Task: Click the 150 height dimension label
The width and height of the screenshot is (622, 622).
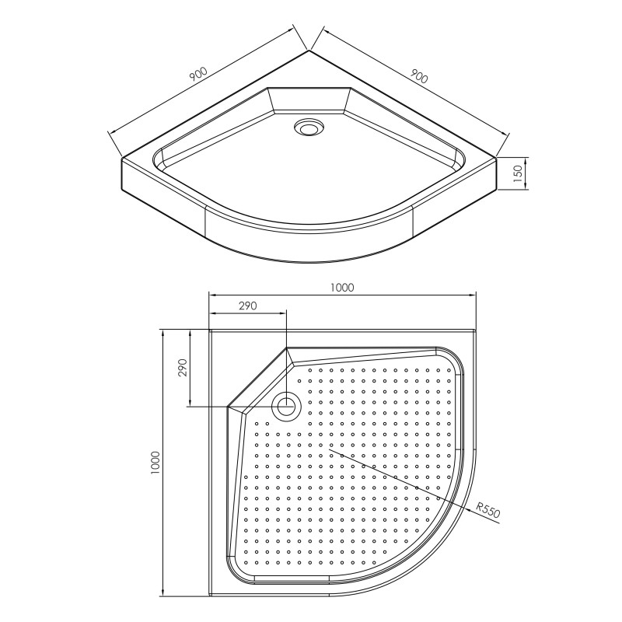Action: [518, 173]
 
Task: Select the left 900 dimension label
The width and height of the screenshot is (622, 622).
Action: [198, 74]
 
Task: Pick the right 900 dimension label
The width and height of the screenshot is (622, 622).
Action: [419, 76]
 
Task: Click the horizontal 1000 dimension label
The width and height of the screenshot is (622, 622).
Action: [342, 287]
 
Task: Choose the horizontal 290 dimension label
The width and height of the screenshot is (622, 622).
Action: [247, 306]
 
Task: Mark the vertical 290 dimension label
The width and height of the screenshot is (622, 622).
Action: [182, 368]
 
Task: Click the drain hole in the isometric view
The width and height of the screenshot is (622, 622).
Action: [309, 128]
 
